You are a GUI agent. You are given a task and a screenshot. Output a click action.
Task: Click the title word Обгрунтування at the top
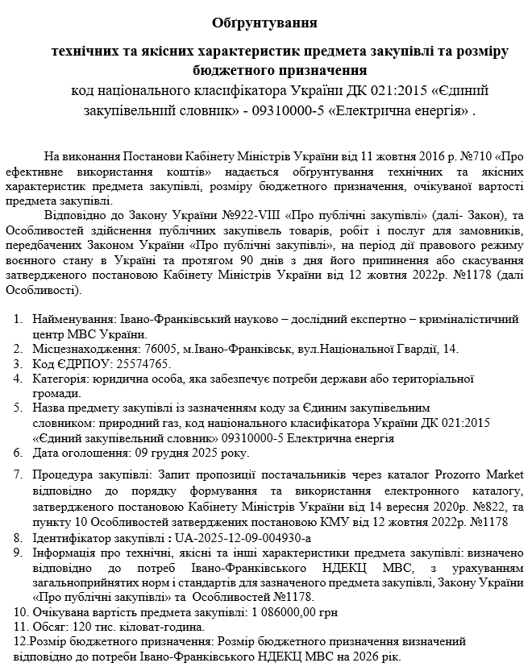click(265, 21)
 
